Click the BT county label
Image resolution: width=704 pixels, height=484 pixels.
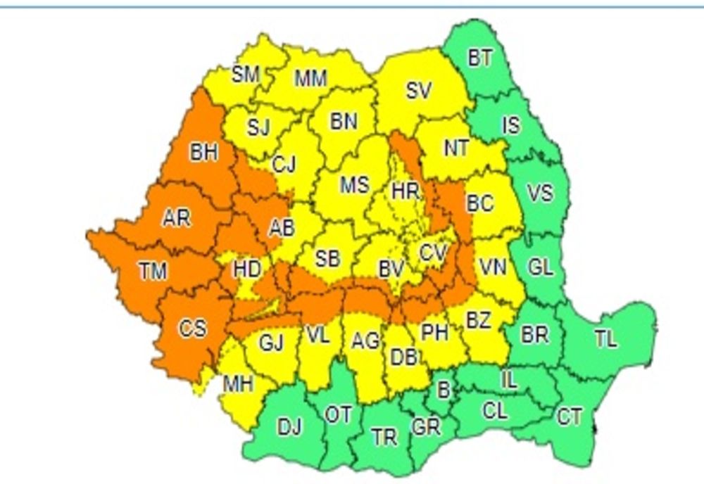pos(480,58)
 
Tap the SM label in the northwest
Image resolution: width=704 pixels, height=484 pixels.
pos(246,75)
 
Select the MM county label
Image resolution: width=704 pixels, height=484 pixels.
pos(310,78)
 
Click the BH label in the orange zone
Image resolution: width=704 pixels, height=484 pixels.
pos(203,152)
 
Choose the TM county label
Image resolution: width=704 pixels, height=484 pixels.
pos(152,270)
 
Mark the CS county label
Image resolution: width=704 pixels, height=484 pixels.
pos(192,329)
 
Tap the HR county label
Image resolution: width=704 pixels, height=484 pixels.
pos(406,191)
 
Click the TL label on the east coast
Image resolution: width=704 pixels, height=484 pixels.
pos(605,340)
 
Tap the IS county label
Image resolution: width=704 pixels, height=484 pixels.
pos(511,125)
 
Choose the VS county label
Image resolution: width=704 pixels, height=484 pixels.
pos(540,193)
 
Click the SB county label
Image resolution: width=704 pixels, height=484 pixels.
pos(327,259)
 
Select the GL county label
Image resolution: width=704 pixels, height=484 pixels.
pos(540,267)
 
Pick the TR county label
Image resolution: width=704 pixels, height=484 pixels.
pos(384,438)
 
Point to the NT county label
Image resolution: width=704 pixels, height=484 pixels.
pos(457,148)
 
